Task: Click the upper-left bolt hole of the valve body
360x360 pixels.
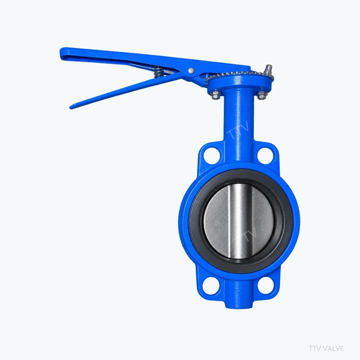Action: click(211, 156)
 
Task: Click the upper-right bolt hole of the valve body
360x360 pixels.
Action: click(265, 156)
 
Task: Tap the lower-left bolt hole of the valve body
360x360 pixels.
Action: click(210, 286)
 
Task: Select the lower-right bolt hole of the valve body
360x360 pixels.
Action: click(265, 286)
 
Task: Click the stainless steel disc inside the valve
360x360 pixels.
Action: click(239, 222)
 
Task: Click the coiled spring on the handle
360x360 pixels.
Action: click(158, 72)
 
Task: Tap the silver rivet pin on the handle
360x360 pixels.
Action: click(191, 71)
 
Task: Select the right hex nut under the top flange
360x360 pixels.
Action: click(261, 95)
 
